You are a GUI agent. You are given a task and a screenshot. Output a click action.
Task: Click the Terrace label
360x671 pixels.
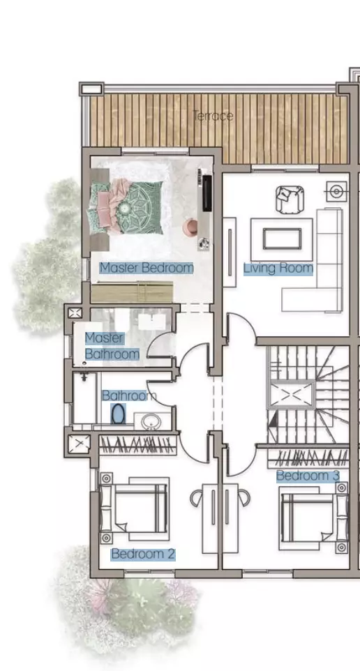click(x=213, y=116)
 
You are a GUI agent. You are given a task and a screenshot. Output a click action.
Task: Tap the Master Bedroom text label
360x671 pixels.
click(x=146, y=267)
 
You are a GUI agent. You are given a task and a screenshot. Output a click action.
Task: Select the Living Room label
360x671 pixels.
click(x=278, y=268)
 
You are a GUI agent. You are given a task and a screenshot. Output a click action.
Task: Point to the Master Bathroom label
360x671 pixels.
click(x=112, y=346)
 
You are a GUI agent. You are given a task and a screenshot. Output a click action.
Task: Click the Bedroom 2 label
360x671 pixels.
click(x=143, y=555)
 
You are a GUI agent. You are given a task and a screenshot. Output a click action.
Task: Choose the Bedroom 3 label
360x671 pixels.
click(x=308, y=476)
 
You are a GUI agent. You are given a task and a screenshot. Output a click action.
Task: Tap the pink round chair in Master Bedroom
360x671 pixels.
click(x=190, y=227)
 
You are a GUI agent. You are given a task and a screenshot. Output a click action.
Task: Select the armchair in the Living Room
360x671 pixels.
click(x=290, y=199)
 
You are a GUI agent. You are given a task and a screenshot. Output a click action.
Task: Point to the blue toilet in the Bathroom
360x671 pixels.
click(x=117, y=416)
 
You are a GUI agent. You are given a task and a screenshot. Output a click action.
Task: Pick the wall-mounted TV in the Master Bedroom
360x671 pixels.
click(x=207, y=192)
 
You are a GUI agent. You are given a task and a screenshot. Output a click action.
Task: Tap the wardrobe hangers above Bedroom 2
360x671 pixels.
click(x=137, y=444)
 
